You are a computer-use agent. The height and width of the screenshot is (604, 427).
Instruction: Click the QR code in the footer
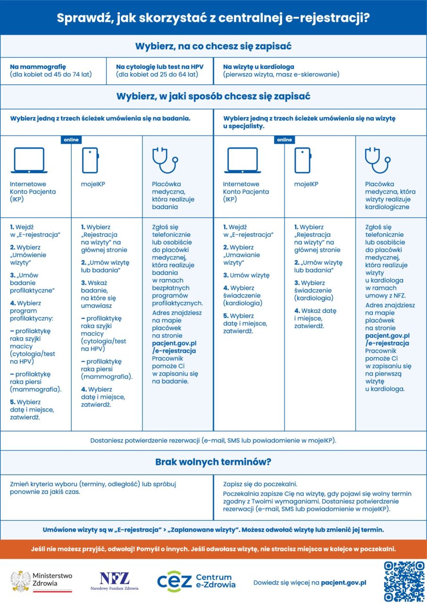tap(404, 581)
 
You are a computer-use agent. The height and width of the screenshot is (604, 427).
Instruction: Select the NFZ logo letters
tap(114, 578)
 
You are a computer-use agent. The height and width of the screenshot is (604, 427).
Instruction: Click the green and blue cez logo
tap(175, 581)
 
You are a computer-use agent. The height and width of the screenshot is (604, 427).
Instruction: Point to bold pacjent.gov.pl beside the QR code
tap(343, 582)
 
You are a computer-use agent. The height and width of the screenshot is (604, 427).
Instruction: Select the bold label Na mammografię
tap(38, 67)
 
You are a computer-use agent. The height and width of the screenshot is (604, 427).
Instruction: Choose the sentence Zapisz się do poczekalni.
tap(260, 484)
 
